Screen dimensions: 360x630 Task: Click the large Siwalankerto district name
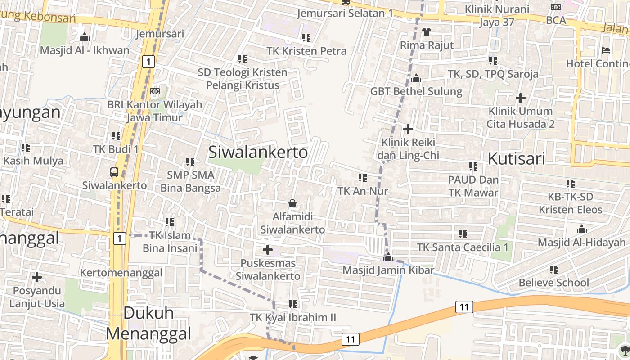pyautogui.click(x=258, y=153)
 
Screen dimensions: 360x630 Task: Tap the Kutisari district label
pyautogui.click(x=517, y=159)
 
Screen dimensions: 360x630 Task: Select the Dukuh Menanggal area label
pyautogui.click(x=148, y=323)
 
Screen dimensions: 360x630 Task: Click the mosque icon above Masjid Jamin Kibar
pyautogui.click(x=388, y=257)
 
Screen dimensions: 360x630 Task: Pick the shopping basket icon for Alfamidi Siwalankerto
pyautogui.click(x=292, y=204)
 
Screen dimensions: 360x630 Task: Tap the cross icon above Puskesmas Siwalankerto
pyautogui.click(x=268, y=249)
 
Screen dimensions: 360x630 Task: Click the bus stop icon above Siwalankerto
pyautogui.click(x=114, y=172)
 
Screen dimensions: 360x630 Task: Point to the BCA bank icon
pyautogui.click(x=556, y=7)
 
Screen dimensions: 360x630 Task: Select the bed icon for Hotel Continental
pyautogui.click(x=606, y=50)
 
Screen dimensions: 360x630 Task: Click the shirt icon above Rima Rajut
pyautogui.click(x=427, y=32)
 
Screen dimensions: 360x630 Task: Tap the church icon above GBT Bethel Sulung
pyautogui.click(x=416, y=78)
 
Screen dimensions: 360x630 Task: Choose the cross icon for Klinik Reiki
pyautogui.click(x=408, y=130)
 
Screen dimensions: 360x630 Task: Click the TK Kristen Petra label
pyautogui.click(x=306, y=51)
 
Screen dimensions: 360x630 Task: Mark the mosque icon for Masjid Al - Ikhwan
pyautogui.click(x=84, y=37)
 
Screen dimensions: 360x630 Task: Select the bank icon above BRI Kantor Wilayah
pyautogui.click(x=154, y=91)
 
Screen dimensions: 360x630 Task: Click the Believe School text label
pyautogui.click(x=553, y=283)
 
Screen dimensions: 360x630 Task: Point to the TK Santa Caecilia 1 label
pyautogui.click(x=463, y=247)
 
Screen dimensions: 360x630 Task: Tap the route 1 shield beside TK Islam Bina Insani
pyautogui.click(x=119, y=238)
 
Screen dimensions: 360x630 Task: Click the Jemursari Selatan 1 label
pyautogui.click(x=345, y=13)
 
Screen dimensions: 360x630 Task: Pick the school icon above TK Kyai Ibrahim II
pyautogui.click(x=293, y=304)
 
